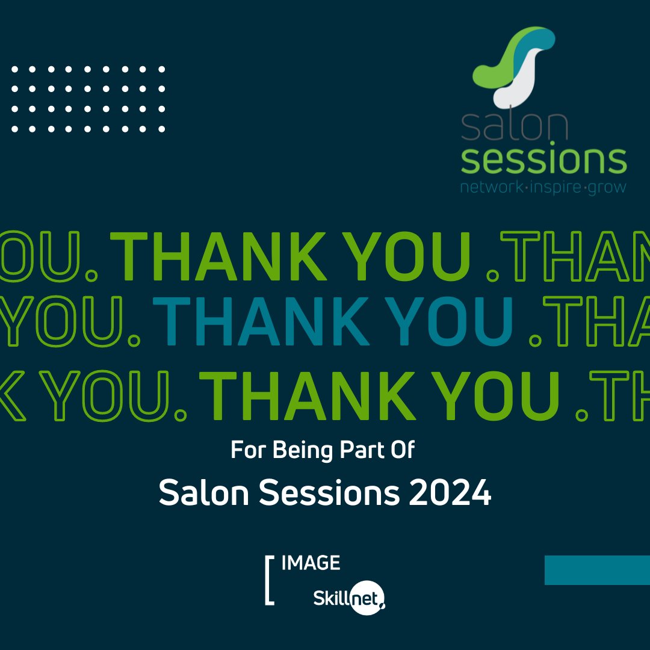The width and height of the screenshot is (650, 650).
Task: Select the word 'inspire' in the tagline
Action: click(556, 187)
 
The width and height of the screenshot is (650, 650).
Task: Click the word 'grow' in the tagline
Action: click(607, 187)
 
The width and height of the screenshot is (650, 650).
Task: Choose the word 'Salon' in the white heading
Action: click(204, 494)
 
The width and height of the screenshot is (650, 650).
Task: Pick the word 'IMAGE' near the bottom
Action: click(311, 563)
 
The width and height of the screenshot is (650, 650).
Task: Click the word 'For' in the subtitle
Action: click(248, 450)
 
